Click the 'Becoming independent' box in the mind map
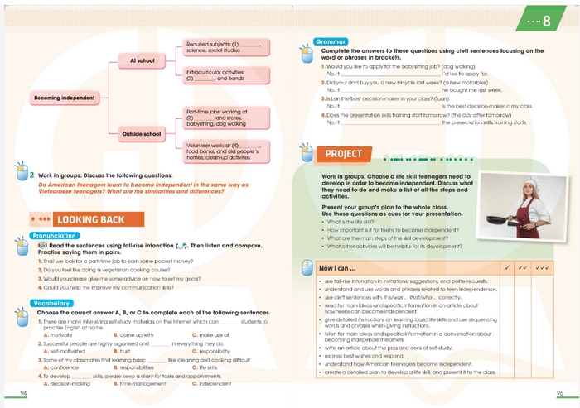click(x=64, y=98)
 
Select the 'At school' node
click(x=142, y=60)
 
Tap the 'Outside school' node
click(x=142, y=133)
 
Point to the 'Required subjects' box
click(x=225, y=48)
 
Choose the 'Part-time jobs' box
click(x=225, y=118)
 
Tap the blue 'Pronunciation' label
click(x=55, y=236)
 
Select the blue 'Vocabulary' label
click(x=51, y=304)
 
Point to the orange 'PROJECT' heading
click(x=344, y=154)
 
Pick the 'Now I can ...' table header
click(x=338, y=268)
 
